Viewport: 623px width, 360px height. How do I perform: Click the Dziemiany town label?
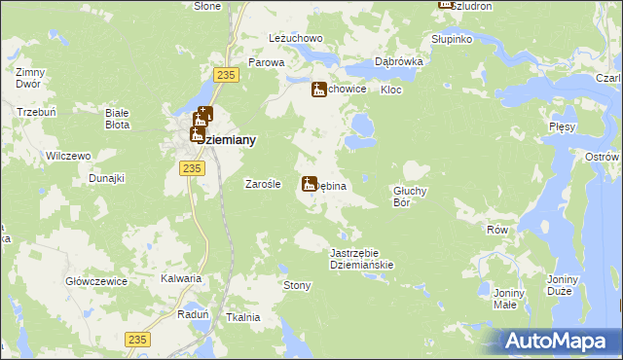[224, 141]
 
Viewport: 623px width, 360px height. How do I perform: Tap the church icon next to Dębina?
[310, 183]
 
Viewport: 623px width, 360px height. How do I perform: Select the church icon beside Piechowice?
[318, 90]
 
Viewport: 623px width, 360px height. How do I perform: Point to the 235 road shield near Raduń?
[138, 338]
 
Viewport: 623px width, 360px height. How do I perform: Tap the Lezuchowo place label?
[296, 38]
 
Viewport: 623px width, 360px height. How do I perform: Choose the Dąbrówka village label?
[397, 60]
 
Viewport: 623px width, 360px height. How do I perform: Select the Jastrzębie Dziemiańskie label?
[360, 258]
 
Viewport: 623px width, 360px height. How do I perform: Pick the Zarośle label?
[262, 184]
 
